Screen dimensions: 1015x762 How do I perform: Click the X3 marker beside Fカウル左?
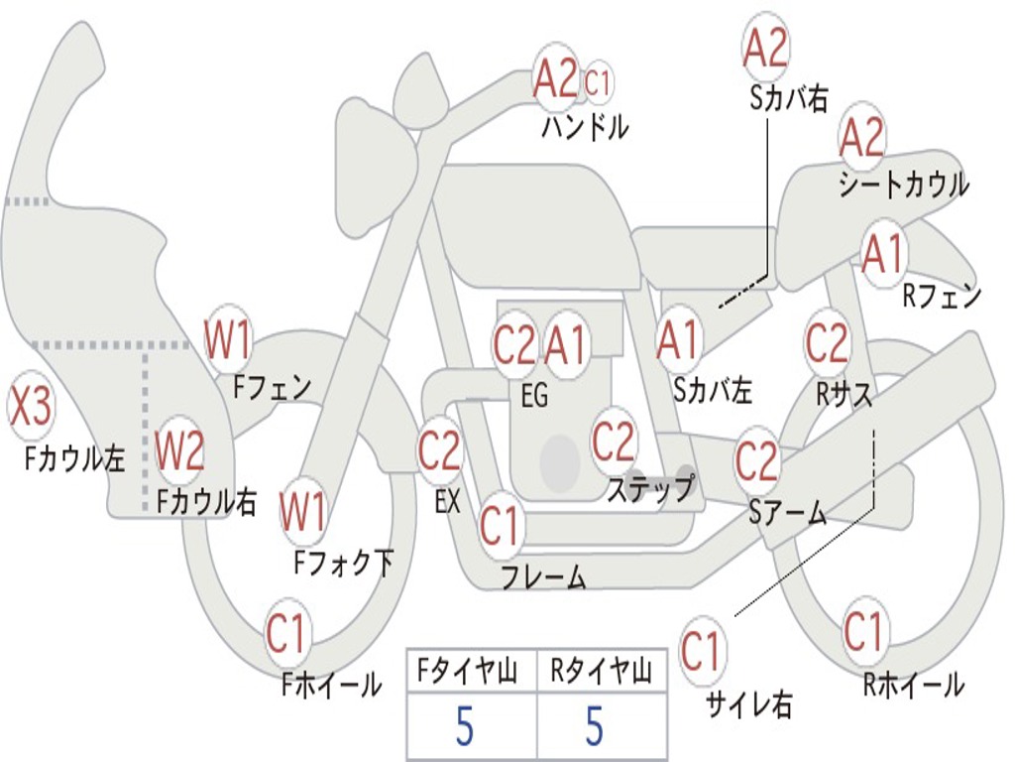tap(30, 406)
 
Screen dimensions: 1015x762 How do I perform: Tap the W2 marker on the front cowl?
tap(179, 450)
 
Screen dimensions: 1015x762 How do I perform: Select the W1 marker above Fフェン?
tap(227, 339)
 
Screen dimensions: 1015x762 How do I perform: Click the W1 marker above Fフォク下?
tap(302, 512)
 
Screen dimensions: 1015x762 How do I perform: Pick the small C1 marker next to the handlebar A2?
tap(597, 82)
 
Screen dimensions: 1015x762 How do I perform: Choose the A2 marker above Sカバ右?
tap(765, 48)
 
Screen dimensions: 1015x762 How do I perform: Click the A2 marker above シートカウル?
tap(861, 136)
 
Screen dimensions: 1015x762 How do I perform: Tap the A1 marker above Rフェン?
tap(883, 253)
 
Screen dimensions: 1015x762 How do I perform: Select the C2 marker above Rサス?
tap(826, 342)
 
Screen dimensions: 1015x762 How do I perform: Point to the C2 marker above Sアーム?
tap(755, 460)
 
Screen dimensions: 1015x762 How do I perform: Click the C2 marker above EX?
tap(439, 450)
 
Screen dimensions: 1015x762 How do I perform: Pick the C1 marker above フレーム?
tap(500, 525)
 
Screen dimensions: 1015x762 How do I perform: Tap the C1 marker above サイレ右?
tap(701, 651)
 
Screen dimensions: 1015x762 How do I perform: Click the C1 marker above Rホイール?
tap(863, 630)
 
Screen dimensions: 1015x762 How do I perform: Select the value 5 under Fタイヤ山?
tap(465, 726)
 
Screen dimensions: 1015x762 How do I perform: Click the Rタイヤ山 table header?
tap(602, 672)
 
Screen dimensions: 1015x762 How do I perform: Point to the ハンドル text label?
tap(585, 127)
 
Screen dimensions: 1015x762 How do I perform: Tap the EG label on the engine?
tap(534, 395)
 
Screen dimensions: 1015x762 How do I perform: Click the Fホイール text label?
tap(331, 685)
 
